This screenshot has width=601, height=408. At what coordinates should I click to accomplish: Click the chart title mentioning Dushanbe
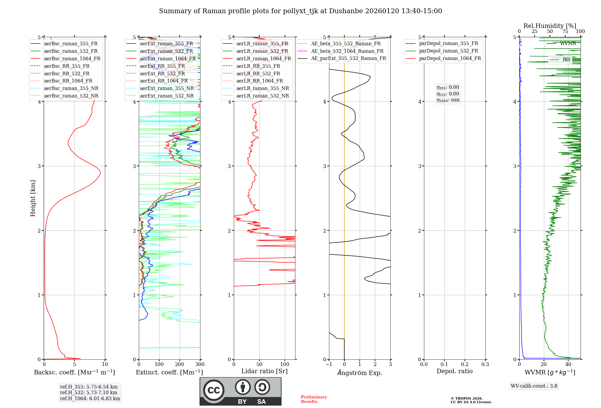click(300, 11)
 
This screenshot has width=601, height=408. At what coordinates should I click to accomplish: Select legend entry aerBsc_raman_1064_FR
click(72, 58)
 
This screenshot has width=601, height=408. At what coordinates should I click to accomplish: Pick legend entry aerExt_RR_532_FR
click(162, 73)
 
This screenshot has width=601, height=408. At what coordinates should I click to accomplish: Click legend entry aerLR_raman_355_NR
click(263, 88)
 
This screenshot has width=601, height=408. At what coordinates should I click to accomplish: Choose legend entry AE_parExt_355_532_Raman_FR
click(349, 58)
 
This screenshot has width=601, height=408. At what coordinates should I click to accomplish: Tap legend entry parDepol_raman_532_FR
click(448, 51)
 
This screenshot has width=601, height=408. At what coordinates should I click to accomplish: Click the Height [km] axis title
click(33, 198)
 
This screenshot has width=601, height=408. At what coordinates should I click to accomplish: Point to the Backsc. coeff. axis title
click(75, 372)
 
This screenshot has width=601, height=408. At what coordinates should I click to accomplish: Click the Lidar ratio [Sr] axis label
click(264, 371)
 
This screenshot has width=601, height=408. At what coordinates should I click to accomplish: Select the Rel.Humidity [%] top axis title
click(550, 26)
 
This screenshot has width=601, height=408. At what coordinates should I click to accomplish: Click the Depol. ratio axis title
click(454, 371)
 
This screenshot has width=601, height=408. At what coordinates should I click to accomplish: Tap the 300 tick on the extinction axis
click(200, 364)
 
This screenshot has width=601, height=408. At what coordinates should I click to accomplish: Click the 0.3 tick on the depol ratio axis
click(485, 364)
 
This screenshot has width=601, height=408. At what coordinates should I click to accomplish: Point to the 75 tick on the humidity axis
click(565, 31)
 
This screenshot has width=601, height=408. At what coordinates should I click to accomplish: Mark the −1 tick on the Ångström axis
click(329, 364)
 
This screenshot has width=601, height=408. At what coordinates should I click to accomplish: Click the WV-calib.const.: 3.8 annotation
click(534, 386)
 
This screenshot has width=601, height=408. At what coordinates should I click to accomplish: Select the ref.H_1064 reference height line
click(90, 399)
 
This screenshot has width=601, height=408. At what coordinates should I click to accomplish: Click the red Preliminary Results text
click(314, 399)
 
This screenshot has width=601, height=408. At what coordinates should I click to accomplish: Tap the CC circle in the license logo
click(214, 390)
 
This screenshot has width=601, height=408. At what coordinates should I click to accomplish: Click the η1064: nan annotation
click(448, 100)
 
